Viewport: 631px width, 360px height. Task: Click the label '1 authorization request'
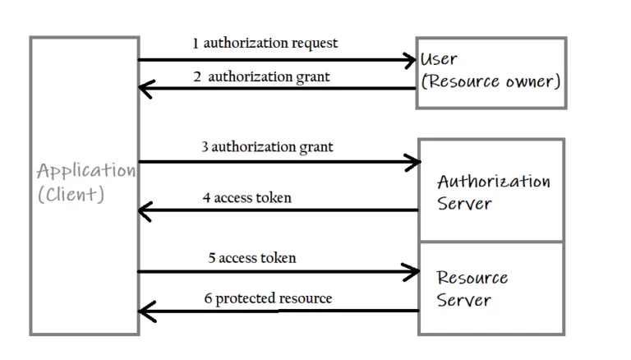[265, 43]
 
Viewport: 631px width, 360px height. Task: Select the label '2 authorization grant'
[261, 76]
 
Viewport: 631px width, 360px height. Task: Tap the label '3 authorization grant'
[267, 147]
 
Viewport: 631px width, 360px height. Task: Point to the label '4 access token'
[246, 197]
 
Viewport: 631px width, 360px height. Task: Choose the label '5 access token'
[251, 257]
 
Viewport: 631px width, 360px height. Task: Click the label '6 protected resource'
[268, 298]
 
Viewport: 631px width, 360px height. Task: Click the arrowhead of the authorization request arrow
[410, 59]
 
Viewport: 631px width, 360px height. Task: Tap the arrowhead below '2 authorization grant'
[145, 89]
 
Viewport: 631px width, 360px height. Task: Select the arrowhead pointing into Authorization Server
[412, 163]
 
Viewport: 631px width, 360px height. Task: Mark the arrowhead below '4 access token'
[145, 211]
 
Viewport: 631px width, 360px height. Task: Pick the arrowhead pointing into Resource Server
[412, 271]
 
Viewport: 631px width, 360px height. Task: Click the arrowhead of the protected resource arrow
[145, 311]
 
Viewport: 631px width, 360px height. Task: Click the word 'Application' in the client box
[85, 172]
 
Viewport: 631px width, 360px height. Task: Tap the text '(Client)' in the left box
[71, 196]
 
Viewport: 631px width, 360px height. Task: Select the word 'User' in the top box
[439, 59]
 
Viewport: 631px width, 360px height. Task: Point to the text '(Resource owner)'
[491, 81]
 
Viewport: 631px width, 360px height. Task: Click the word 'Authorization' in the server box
[493, 182]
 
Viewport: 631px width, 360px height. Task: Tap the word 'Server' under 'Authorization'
[463, 204]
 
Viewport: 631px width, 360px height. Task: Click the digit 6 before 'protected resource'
[208, 298]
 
